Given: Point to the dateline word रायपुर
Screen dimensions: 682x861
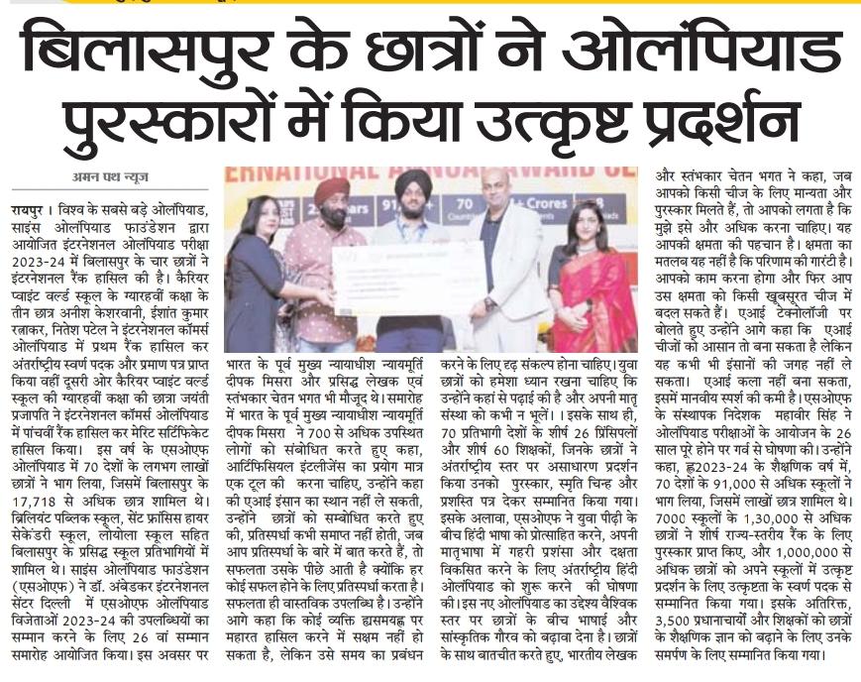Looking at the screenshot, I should tap(30, 210).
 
